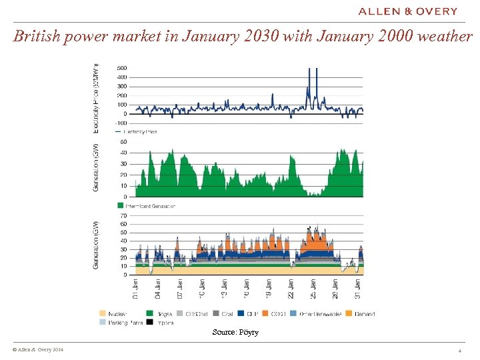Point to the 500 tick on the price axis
coord(122,67)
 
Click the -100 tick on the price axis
coord(121,123)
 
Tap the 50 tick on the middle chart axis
coord(123,141)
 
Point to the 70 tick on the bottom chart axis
coord(123,215)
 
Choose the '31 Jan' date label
coord(359,289)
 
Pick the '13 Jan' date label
coord(225,289)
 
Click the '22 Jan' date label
coord(291,289)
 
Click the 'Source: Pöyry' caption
coord(235,331)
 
